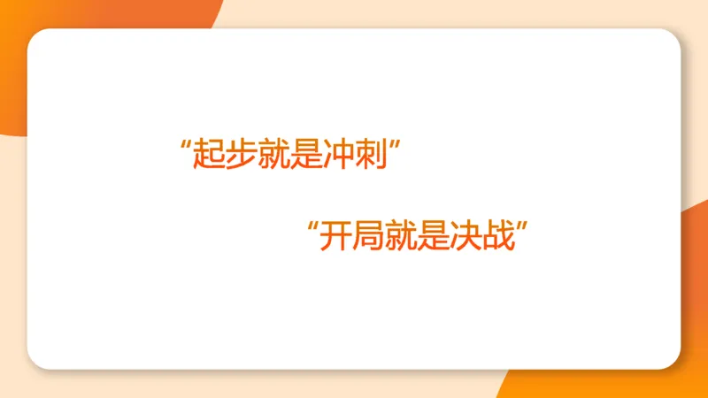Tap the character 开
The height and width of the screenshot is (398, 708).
(335, 236)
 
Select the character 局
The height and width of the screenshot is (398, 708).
(367, 236)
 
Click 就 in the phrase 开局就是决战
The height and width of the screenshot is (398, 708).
(401, 236)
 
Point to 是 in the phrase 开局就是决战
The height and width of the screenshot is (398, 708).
(434, 236)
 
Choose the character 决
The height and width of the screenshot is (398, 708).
(467, 236)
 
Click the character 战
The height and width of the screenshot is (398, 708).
(500, 236)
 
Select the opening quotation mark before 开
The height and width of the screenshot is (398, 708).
(312, 226)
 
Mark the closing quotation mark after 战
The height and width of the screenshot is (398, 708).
(523, 226)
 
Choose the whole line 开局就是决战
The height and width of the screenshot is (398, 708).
(417, 236)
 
